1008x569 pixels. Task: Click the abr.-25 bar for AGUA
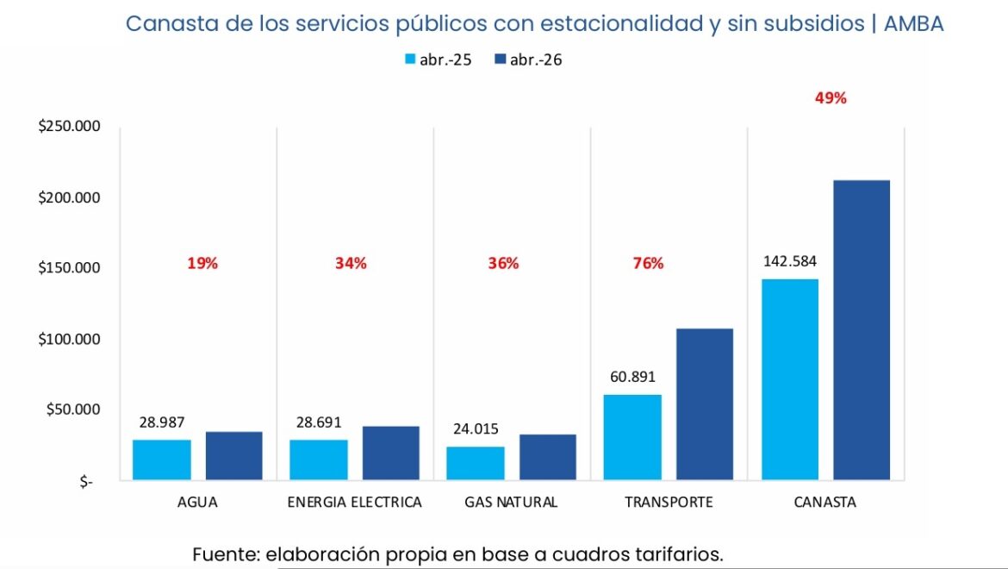[x=162, y=460]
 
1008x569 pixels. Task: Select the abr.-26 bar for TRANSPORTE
[x=705, y=404]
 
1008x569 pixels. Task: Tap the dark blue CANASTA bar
[x=862, y=330]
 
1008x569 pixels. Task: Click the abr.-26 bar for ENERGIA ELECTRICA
[x=391, y=453]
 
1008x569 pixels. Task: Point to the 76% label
[x=648, y=264]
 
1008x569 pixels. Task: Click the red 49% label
[x=831, y=98]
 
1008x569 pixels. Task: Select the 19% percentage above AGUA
[x=202, y=264]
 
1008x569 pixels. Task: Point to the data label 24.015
[x=475, y=428]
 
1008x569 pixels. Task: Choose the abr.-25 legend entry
[x=438, y=60]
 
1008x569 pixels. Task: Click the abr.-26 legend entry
[x=528, y=60]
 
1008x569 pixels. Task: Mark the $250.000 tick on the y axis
[x=70, y=127]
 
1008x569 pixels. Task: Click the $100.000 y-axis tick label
[x=70, y=339]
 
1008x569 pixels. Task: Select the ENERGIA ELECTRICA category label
[x=355, y=502]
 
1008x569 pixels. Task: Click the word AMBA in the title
[x=913, y=24]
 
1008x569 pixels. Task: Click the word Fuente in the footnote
[x=226, y=553]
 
